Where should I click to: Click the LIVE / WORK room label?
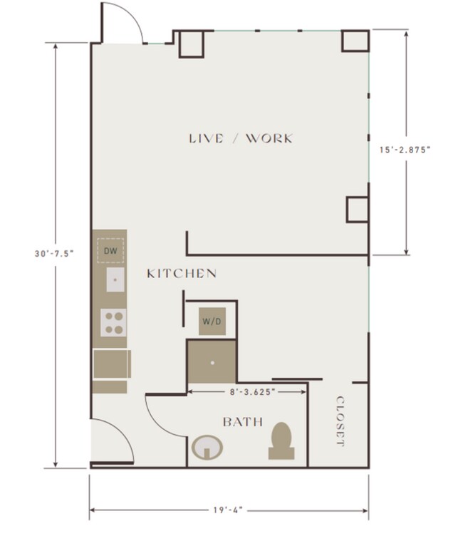coord(240,138)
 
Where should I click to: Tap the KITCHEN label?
coord(182,274)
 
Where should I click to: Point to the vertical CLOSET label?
coord(340,421)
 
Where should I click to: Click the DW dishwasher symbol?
coord(110,250)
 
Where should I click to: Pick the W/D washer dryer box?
coord(212,321)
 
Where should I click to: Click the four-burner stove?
coord(113,323)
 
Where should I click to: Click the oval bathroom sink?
coord(207,448)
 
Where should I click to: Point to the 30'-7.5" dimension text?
coord(54,253)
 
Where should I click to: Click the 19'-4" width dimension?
coord(228,510)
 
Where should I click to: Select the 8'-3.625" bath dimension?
coord(248,391)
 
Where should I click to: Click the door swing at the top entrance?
coord(124,24)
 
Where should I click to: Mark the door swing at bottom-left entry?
coord(110,441)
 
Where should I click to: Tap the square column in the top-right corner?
coord(355,41)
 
